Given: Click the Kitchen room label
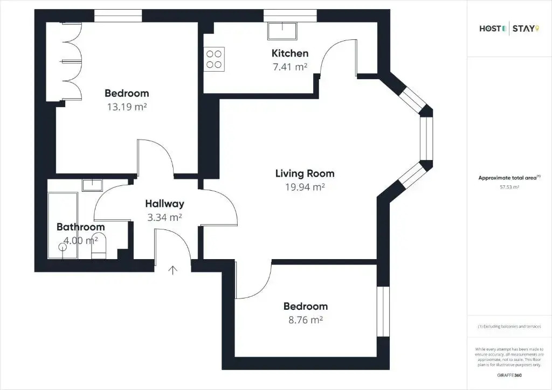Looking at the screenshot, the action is (289, 53).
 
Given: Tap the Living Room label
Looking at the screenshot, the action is (305, 173).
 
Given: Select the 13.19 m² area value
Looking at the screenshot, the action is (127, 107).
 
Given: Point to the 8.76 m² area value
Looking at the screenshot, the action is (306, 320).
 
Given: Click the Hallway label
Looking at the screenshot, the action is (165, 204).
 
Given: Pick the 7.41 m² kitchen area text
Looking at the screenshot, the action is (290, 67).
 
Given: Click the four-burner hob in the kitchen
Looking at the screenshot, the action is (214, 59).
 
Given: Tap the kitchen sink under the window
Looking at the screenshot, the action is (282, 31).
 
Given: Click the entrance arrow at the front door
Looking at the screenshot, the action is (172, 270).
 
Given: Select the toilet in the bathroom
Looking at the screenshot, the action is (99, 250).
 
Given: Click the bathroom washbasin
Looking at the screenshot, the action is (92, 185).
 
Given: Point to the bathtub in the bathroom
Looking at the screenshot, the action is (63, 225).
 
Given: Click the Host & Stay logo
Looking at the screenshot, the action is (509, 29).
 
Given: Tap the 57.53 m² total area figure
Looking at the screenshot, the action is (509, 187).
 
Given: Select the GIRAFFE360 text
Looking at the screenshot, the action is (509, 375).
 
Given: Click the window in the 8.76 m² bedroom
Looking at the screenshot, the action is (383, 311).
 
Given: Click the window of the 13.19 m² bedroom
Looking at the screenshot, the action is (118, 16).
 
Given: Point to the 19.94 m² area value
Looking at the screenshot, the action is (305, 187).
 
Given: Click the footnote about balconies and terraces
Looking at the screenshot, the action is (509, 326).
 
